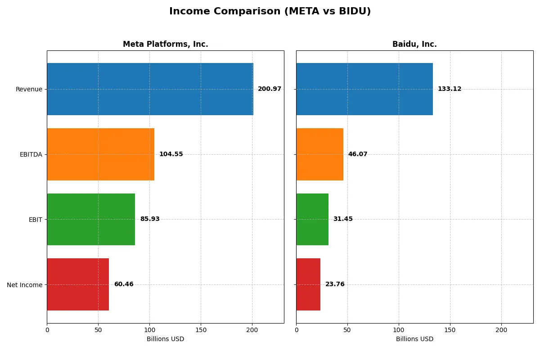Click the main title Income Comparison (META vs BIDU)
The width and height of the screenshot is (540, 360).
(x=270, y=12)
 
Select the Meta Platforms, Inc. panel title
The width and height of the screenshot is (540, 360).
(x=165, y=44)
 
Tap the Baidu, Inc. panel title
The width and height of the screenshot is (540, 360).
(x=414, y=44)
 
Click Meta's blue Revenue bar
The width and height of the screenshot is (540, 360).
(x=150, y=89)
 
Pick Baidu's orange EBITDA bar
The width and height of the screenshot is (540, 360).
(x=319, y=154)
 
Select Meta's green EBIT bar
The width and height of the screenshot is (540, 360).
(x=91, y=219)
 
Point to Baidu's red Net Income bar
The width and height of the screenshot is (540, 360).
(x=308, y=284)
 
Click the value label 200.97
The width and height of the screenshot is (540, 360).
(x=269, y=89)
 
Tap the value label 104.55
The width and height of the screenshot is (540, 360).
(x=171, y=154)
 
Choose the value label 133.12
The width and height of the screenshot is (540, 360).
(x=449, y=89)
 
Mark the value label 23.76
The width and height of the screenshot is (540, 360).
(x=335, y=284)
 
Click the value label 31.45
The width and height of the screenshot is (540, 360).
(x=343, y=219)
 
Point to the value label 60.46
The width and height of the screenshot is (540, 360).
(x=124, y=284)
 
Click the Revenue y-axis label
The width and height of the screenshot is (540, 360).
(x=29, y=90)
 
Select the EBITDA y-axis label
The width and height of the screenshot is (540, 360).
(x=31, y=154)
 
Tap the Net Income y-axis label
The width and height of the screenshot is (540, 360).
(x=25, y=285)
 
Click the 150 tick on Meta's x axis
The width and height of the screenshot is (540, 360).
(x=201, y=330)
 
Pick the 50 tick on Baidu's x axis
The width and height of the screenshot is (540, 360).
(x=347, y=330)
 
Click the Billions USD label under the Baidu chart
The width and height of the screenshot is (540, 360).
(x=414, y=339)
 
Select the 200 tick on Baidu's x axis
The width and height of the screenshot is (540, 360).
(x=501, y=330)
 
